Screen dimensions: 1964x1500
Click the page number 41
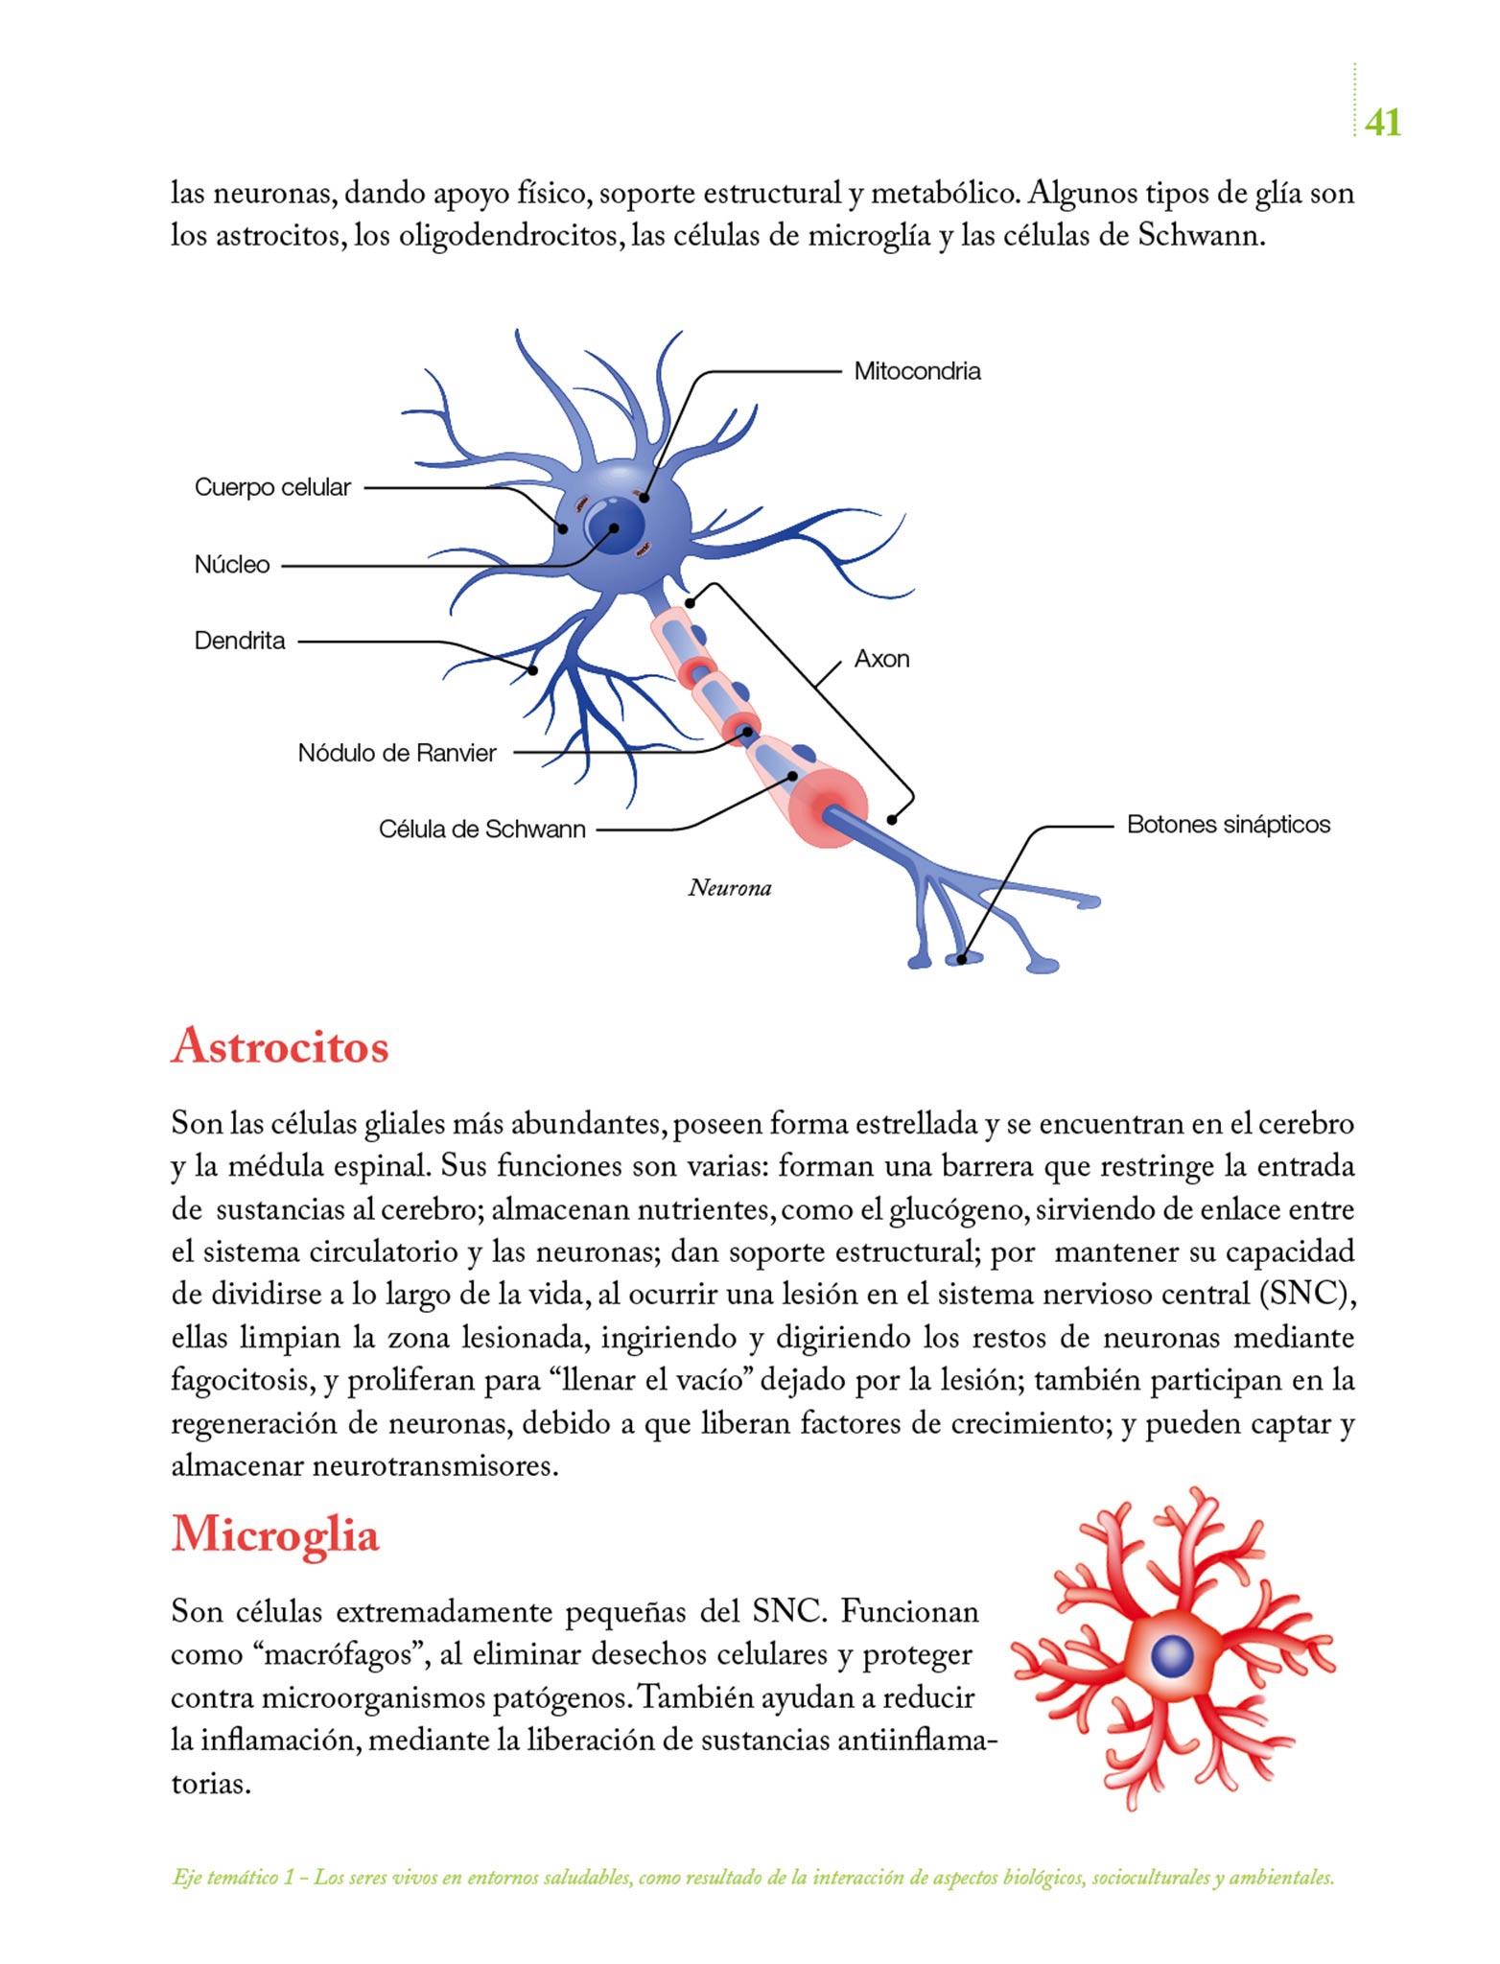coord(1382,123)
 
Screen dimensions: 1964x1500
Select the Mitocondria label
coord(917,371)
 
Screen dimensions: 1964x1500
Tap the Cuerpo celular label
coord(272,487)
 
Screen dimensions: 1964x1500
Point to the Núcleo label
coord(232,565)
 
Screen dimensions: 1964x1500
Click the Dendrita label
coord(240,641)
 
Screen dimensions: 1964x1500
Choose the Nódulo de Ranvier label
coord(397,753)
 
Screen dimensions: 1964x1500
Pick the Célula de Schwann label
coord(481,830)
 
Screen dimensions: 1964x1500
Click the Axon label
coord(881,659)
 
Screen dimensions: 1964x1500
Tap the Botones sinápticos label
coord(1228,825)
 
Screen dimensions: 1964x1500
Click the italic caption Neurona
coord(729,888)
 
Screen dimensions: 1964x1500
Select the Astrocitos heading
coord(280,1046)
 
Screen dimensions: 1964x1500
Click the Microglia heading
coord(275,1534)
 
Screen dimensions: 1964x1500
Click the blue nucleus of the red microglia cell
coord(1171,1655)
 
